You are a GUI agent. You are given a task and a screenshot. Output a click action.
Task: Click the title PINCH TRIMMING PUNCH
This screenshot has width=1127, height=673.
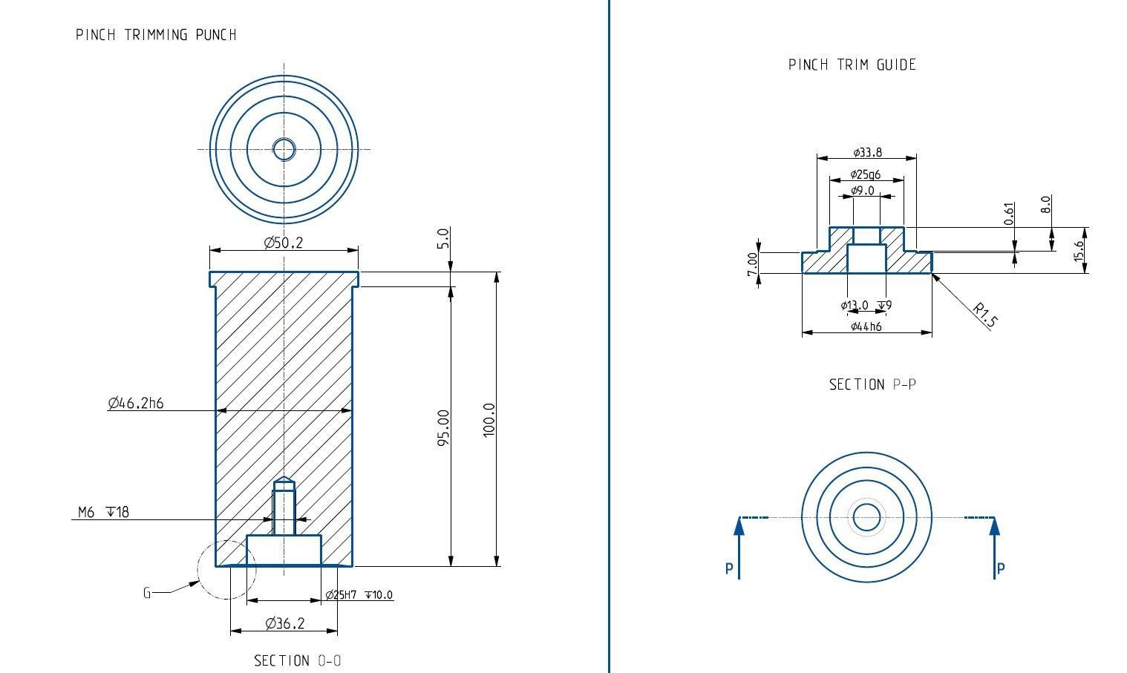pos(156,35)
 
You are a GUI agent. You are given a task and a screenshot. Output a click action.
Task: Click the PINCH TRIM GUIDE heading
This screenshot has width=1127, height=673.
pos(852,65)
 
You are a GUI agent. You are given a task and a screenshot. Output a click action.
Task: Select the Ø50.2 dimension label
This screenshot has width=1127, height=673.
pos(284,243)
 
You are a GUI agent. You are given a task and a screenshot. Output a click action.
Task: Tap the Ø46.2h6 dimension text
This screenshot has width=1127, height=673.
pos(135,403)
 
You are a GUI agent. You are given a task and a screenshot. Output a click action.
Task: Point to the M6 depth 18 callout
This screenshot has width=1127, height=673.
pos(103,512)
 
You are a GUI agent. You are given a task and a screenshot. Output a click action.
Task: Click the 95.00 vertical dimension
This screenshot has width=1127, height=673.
pos(443,427)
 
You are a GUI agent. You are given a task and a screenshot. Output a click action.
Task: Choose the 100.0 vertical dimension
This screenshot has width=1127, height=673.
pos(489,420)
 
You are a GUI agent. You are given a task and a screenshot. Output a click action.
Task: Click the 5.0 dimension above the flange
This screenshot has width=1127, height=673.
pos(443,238)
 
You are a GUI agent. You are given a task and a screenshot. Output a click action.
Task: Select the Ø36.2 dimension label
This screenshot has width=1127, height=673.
pos(284,623)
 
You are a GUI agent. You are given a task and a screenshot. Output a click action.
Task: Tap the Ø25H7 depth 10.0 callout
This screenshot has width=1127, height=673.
pos(359,594)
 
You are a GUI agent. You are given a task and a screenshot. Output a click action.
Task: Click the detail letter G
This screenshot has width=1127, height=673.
pos(147,592)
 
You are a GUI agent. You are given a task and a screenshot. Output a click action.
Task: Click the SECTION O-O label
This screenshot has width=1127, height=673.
pos(298,660)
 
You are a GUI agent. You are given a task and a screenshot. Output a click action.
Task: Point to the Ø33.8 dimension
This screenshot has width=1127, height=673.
pos(867,152)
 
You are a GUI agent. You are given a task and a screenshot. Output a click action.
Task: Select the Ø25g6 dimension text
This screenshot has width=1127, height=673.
pos(866,174)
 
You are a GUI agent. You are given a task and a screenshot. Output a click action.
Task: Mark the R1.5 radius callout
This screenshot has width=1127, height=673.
pos(984,315)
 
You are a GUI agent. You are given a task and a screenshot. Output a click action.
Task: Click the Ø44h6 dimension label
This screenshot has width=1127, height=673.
pos(866,326)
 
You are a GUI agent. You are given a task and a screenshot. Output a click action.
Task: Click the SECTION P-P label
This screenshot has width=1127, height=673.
pos(872,384)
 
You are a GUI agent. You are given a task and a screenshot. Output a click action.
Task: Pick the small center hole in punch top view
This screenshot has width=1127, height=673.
pos(284,149)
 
